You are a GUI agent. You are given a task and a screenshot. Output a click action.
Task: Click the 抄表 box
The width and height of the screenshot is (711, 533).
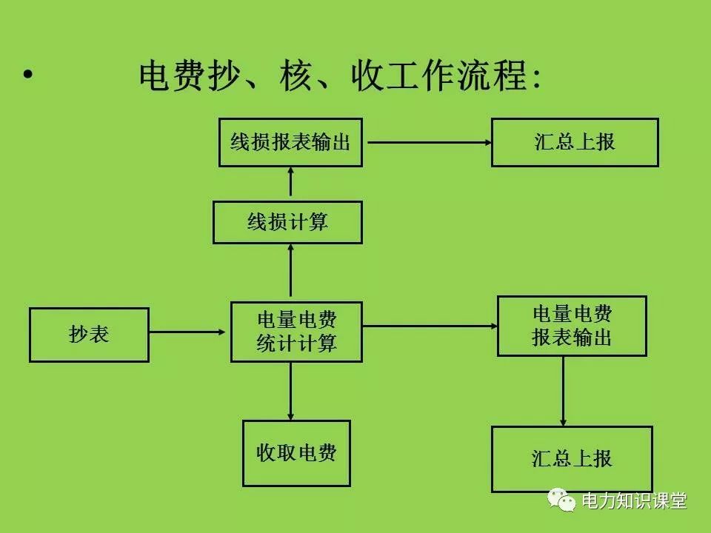pyautogui.click(x=89, y=335)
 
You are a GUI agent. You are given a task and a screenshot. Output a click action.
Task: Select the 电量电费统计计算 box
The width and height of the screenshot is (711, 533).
pyautogui.click(x=296, y=332)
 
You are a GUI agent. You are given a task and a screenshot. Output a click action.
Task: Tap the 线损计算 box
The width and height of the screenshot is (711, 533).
pyautogui.click(x=287, y=222)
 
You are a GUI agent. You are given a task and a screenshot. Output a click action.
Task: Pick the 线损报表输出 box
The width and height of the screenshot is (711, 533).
pyautogui.click(x=290, y=142)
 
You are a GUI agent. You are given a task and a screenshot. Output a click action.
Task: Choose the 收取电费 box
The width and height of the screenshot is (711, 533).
pyautogui.click(x=296, y=453)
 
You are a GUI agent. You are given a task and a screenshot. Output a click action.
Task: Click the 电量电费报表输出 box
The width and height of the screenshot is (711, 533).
pyautogui.click(x=572, y=326)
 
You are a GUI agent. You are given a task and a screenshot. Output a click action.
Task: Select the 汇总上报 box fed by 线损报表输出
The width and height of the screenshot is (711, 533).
pyautogui.click(x=575, y=142)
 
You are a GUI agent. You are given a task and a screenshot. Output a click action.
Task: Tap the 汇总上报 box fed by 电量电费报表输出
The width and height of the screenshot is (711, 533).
pyautogui.click(x=572, y=458)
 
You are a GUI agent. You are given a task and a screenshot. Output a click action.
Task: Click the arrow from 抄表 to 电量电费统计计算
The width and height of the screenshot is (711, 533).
pyautogui.click(x=190, y=332)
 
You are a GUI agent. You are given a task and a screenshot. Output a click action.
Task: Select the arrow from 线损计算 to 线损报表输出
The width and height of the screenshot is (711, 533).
pyautogui.click(x=290, y=184)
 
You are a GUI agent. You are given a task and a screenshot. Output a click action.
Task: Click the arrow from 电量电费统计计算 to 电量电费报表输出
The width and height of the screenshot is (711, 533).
pyautogui.click(x=430, y=326)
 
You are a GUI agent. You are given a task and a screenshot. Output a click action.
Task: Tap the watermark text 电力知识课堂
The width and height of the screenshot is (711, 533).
pyautogui.click(x=634, y=501)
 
